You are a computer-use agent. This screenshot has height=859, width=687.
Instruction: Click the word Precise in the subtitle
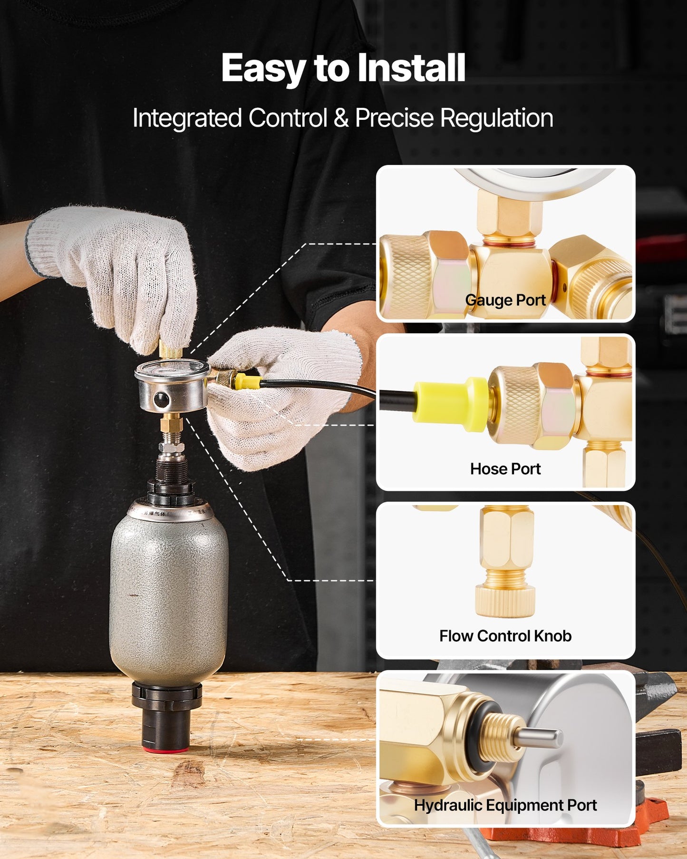(394, 118)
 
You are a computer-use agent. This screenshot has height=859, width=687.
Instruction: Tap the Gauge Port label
(505, 300)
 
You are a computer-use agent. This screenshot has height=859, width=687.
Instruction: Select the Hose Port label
(505, 469)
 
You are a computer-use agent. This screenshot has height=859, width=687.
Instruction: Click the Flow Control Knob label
(505, 636)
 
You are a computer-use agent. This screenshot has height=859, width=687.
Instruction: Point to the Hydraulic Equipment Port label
(505, 805)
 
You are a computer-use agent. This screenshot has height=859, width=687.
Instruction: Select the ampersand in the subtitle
(341, 118)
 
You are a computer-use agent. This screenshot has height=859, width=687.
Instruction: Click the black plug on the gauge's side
(161, 400)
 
